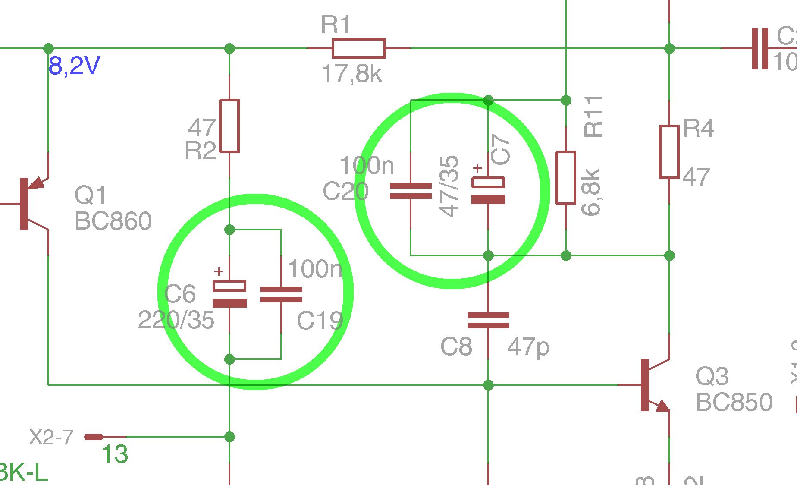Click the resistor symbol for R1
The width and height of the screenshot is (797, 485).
[x=358, y=48]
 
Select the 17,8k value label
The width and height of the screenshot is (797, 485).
[x=351, y=74]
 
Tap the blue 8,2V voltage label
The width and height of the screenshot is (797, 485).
[x=74, y=66]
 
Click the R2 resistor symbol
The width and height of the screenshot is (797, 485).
[x=229, y=126]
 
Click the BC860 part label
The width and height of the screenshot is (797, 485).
[x=113, y=221]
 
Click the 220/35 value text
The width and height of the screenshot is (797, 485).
[x=176, y=320]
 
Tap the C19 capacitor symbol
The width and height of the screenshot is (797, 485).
[x=281, y=294]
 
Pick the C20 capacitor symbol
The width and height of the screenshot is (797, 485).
[x=411, y=191]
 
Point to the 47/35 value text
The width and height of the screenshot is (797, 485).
[x=449, y=186]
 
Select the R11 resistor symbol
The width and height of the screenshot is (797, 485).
[x=566, y=177]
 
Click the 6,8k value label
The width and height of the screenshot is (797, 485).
[x=590, y=192]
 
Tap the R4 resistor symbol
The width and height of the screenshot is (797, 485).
[x=669, y=151]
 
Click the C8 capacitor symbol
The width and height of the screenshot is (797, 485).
[x=488, y=320]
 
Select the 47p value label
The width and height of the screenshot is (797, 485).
[x=528, y=347]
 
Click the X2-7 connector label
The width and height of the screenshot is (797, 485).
[x=51, y=437]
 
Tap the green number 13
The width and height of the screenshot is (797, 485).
[x=115, y=454]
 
